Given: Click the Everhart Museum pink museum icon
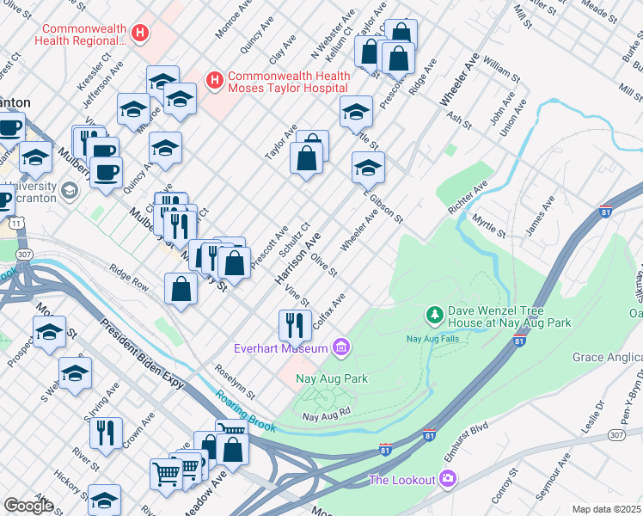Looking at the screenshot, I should [341, 347].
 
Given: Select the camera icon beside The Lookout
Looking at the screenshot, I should [447, 478].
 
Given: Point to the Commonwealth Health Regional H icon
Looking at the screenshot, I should [141, 34].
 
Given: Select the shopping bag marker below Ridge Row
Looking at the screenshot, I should [181, 289].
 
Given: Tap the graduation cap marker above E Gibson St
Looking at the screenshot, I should [367, 167].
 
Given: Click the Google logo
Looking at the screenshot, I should [29, 506].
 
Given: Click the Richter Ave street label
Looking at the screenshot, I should [468, 197].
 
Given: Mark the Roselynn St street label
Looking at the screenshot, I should [236, 380].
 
